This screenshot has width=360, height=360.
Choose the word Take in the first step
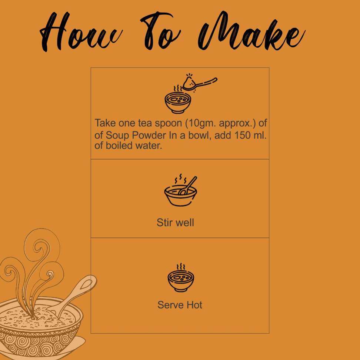[105, 123]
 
